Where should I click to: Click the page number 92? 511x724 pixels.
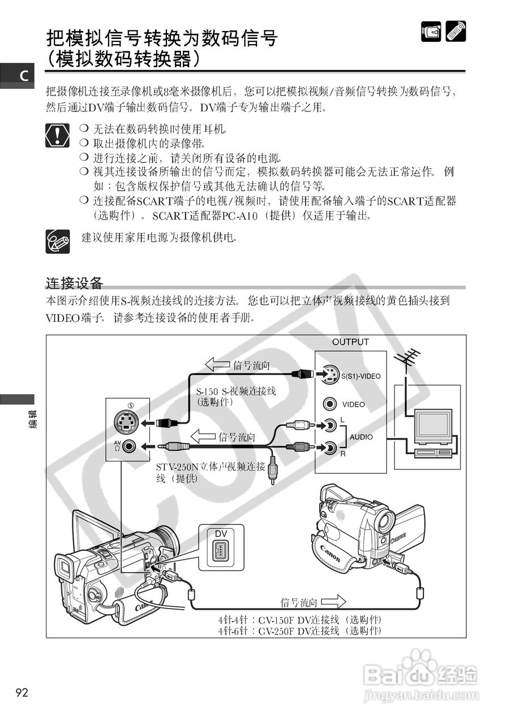coord(22,692)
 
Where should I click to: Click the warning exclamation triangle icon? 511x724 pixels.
coord(58,135)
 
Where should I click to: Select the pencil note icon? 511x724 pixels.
coord(58,242)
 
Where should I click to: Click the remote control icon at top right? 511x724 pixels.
coord(456,31)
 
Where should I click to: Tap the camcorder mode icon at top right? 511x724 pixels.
coord(431,31)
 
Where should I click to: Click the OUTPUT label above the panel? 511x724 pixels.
coord(350,342)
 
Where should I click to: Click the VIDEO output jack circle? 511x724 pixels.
coord(330,404)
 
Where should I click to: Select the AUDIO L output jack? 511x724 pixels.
coord(330,424)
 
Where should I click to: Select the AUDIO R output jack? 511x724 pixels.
coord(330,448)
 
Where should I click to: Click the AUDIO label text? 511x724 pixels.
coord(361,437)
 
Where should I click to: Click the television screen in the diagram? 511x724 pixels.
coord(433,425)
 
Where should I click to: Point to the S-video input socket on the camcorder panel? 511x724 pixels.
coord(127,422)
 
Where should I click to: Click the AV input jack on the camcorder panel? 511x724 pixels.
coord(130,446)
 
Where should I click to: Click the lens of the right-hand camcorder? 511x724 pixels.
coord(387,520)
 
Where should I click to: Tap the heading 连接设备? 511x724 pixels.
coord(74,283)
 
